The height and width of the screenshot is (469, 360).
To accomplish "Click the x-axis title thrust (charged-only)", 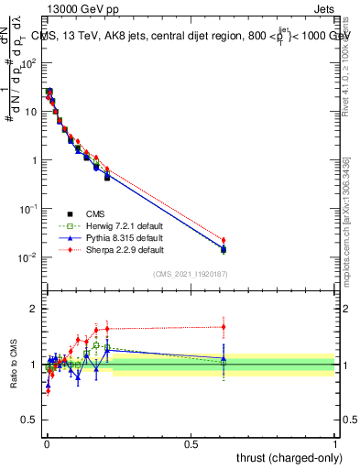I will pyautogui.click(x=287, y=459).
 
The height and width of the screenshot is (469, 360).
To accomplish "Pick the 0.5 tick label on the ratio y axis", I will pyautogui.click(x=29, y=420).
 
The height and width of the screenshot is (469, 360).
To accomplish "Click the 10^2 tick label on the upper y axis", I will pyautogui.click(x=29, y=62).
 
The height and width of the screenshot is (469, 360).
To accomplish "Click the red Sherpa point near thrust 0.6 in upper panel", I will pyautogui.click(x=224, y=240).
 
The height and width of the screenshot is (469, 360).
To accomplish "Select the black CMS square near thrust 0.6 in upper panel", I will pyautogui.click(x=224, y=249).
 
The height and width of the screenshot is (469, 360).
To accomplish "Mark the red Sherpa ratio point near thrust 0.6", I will pyautogui.click(x=224, y=327).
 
